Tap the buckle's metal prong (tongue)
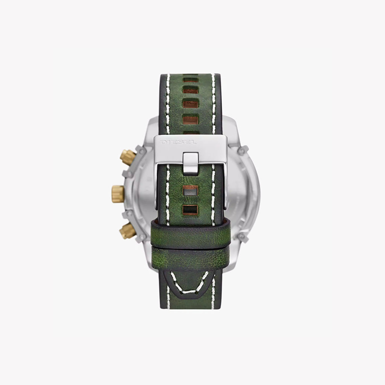[x=191, y=163]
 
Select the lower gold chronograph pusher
[x=128, y=230]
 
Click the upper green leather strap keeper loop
[x=190, y=233]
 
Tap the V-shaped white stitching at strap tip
[x=190, y=285]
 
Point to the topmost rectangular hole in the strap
[x=190, y=80]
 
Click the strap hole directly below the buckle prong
[x=190, y=192]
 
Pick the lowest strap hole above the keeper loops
[x=190, y=210]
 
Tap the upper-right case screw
[x=243, y=150]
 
